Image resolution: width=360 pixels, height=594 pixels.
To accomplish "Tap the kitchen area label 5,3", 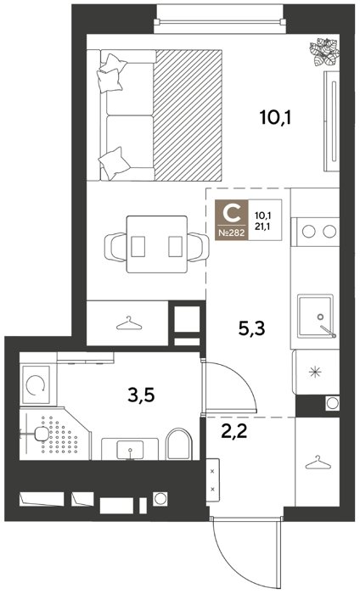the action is pyautogui.click(x=251, y=329).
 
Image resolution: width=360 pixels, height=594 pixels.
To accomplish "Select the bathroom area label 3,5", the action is pyautogui.click(x=142, y=396).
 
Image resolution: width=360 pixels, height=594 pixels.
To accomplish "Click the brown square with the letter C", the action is pyautogui.click(x=232, y=220).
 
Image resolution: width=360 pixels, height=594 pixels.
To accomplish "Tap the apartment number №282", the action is pyautogui.click(x=232, y=233).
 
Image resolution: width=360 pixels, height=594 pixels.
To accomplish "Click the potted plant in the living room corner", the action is pyautogui.click(x=323, y=52).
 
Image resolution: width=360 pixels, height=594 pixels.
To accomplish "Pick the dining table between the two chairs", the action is pyautogui.click(x=157, y=244).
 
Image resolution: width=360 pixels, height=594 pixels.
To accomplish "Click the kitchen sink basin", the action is pyautogui.click(x=315, y=316).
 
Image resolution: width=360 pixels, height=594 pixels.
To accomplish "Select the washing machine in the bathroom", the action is pyautogui.click(x=36, y=384).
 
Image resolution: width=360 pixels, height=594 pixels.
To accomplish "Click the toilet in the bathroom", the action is pyautogui.click(x=179, y=444).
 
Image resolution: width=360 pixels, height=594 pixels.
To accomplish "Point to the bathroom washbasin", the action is pyautogui.click(x=130, y=449).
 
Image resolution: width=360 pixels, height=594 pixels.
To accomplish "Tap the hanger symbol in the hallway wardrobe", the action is pyautogui.click(x=317, y=463).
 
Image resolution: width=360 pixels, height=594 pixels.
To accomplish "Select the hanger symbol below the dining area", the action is pyautogui.click(x=129, y=323).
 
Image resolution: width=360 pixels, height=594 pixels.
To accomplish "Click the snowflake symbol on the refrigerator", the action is pyautogui.click(x=315, y=373).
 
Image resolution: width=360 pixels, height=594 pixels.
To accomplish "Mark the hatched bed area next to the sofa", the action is pyautogui.click(x=188, y=115).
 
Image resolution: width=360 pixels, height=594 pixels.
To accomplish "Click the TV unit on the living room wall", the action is pyautogui.click(x=332, y=121).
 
